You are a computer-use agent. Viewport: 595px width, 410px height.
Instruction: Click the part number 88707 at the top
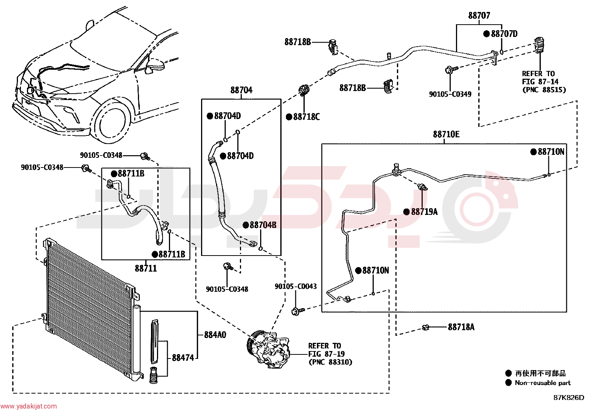click(479, 16)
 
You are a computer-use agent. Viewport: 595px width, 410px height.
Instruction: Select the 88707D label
click(504, 34)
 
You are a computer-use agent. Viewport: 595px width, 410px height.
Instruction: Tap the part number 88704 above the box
click(241, 90)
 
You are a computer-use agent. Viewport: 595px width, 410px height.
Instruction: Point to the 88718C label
click(306, 117)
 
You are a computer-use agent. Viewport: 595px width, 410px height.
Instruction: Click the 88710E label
click(446, 134)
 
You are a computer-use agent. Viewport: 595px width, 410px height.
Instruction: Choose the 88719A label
click(424, 212)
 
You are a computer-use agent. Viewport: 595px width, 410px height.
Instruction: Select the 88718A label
click(461, 327)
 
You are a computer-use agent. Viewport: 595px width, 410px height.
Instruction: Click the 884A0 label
click(215, 335)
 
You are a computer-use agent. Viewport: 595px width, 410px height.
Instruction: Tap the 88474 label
click(183, 358)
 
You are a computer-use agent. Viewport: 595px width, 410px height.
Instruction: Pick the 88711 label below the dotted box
click(146, 268)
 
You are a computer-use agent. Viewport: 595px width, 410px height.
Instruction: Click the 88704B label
click(263, 225)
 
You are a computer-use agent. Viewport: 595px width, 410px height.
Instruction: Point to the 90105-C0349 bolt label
click(450, 94)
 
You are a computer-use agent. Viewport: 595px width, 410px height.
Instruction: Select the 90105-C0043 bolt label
click(296, 287)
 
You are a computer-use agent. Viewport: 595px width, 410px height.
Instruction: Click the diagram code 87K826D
click(569, 398)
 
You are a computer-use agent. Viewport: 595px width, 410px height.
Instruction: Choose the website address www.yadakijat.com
click(28, 406)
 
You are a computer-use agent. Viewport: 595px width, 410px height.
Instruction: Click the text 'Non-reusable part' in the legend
click(543, 383)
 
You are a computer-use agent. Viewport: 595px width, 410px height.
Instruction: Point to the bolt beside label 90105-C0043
click(298, 311)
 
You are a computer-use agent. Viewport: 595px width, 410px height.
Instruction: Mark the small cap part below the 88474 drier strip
click(153, 375)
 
